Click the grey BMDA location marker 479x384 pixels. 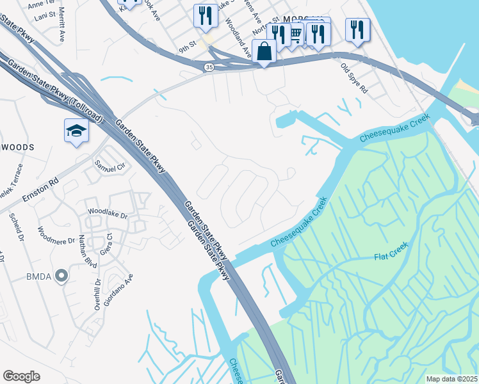click(x=61, y=276)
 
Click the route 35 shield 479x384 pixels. click(x=209, y=67)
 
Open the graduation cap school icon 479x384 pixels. click(x=77, y=131)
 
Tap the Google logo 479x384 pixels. click(x=22, y=376)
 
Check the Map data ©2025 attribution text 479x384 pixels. click(x=451, y=379)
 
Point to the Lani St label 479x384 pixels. click(x=44, y=17)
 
